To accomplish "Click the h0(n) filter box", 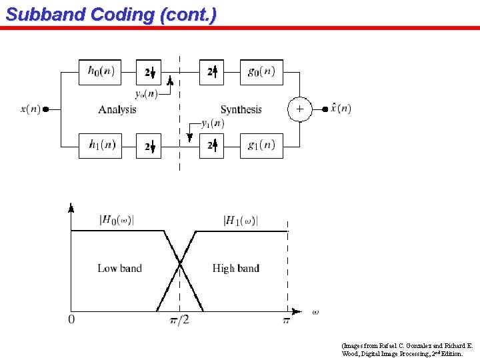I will click(101, 72).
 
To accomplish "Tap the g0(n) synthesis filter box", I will click(261, 72).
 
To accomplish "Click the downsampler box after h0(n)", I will click(149, 72).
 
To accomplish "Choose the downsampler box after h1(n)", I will click(149, 146).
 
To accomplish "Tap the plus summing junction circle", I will click(300, 109).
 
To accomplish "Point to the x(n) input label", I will click(31, 109).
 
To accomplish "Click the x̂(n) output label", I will click(341, 109).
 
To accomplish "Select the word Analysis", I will click(117, 109).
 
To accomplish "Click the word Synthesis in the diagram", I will click(241, 109).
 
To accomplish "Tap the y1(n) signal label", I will click(213, 123).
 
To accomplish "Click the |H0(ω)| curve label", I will click(117, 219).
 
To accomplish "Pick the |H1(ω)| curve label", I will click(241, 220).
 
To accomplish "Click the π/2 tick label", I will click(179, 320).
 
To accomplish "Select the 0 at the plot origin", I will click(71, 319).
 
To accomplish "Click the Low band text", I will click(119, 268).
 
